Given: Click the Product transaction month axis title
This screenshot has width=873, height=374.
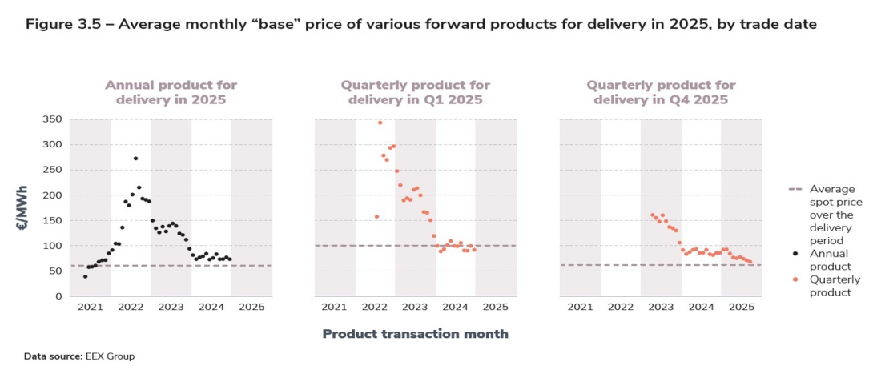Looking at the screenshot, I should tap(415, 333).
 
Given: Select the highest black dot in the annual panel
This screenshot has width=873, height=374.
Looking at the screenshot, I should tap(135, 159).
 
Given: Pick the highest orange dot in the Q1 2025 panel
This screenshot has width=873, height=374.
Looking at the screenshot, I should tap(380, 123).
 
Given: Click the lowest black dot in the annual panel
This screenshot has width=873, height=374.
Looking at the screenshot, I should tap(85, 276).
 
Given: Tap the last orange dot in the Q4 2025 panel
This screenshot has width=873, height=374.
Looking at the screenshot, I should tap(750, 262).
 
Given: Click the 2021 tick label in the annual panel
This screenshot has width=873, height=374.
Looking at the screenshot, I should tap(90, 307).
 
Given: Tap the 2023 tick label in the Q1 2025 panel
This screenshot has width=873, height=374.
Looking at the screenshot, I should tap(414, 307).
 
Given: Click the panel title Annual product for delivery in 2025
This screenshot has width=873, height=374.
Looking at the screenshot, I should tap(171, 92).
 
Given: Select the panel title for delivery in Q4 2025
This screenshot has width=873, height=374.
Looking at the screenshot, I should tap(661, 92).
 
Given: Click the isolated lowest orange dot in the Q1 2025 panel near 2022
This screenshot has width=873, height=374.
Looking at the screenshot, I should tap(376, 216).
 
